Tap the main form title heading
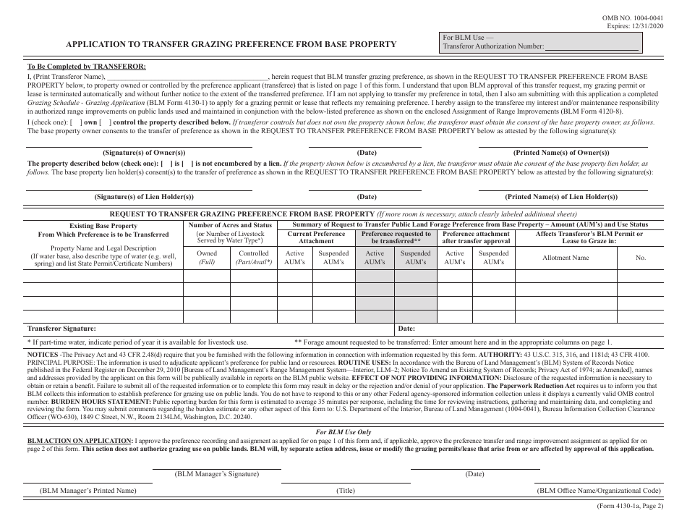pos(231,43)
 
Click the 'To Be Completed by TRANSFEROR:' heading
pos(86,67)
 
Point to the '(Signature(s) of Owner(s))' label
pos(144,153)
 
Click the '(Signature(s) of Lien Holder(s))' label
pos(144,197)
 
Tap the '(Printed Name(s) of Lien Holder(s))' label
pos(560,197)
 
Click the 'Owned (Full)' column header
pos(206,258)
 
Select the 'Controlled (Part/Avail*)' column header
pos(254,258)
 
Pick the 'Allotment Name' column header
pos(566,258)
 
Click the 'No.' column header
pos(640,258)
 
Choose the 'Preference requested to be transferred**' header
pos(396,238)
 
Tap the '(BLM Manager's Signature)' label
pos(216,473)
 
